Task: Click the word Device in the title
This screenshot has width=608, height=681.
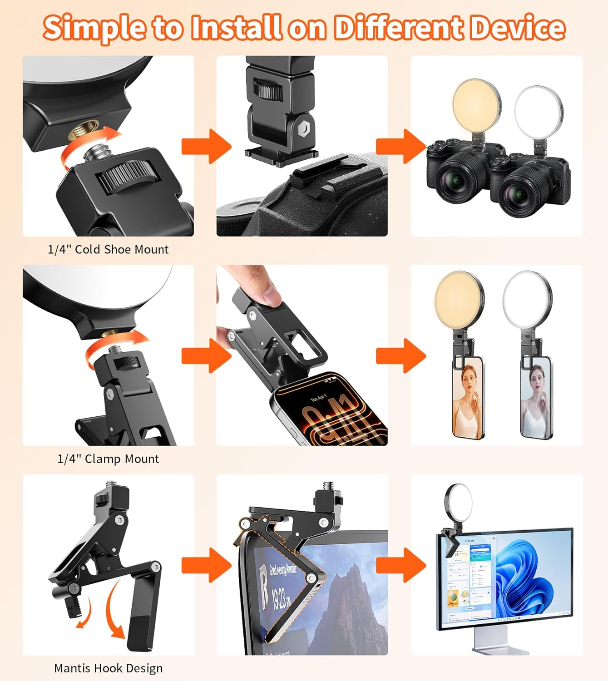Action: [517, 27]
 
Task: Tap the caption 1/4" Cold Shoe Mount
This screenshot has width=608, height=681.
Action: [108, 249]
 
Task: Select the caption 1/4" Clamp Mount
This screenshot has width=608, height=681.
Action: [108, 459]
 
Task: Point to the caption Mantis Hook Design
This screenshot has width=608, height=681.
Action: [108, 668]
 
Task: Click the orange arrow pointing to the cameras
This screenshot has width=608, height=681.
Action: [399, 147]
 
